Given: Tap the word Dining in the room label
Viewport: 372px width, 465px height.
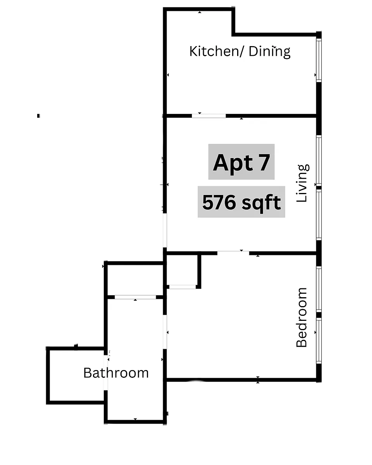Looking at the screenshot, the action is tap(269, 52).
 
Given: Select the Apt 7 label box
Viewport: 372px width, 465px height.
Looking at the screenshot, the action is tap(241, 162).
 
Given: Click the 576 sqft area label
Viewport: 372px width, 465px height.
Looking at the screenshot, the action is tap(241, 201).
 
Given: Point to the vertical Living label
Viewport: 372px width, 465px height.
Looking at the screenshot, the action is tap(302, 183).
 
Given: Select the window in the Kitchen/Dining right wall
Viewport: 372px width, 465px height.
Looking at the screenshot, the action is tap(319, 60).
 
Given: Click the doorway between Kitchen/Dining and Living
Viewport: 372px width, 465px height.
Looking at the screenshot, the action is tap(209, 116).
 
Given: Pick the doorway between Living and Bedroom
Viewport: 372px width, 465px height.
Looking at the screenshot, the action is tap(233, 253).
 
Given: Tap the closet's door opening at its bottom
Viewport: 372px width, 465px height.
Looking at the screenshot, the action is tap(183, 287).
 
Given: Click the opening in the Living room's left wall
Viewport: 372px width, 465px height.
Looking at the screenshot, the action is tap(165, 230).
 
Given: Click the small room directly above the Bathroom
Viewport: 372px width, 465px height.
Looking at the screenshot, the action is tap(135, 280).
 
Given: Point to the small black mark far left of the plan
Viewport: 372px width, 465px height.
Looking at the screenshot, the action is tap(38, 116).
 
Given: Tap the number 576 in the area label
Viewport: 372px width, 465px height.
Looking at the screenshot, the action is tap(219, 202).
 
